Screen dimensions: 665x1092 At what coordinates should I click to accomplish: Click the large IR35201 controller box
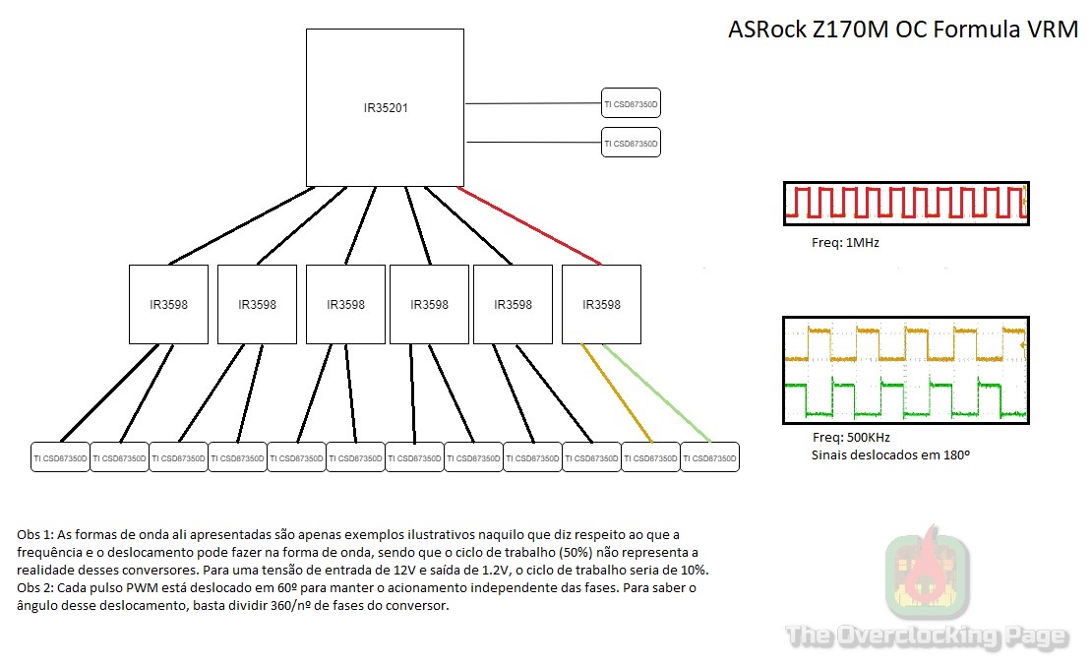(385, 107)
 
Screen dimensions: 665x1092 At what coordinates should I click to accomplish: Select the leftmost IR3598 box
(168, 304)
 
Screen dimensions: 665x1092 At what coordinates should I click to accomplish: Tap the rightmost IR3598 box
(601, 304)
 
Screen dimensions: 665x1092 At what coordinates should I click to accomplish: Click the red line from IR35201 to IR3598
(531, 225)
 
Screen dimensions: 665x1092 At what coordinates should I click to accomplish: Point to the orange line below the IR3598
(617, 393)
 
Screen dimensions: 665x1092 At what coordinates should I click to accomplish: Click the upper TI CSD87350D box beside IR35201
(631, 102)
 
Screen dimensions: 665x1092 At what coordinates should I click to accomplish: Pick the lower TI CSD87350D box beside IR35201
(631, 143)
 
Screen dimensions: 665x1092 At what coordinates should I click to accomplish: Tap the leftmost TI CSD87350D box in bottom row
(60, 457)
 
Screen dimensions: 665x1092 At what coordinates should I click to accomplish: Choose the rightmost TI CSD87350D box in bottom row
(709, 457)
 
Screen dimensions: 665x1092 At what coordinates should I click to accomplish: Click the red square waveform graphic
(905, 204)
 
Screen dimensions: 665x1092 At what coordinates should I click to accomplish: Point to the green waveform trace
(905, 398)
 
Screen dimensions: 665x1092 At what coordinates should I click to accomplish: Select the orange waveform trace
(905, 344)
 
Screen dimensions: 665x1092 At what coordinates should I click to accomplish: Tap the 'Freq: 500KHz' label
(852, 438)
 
